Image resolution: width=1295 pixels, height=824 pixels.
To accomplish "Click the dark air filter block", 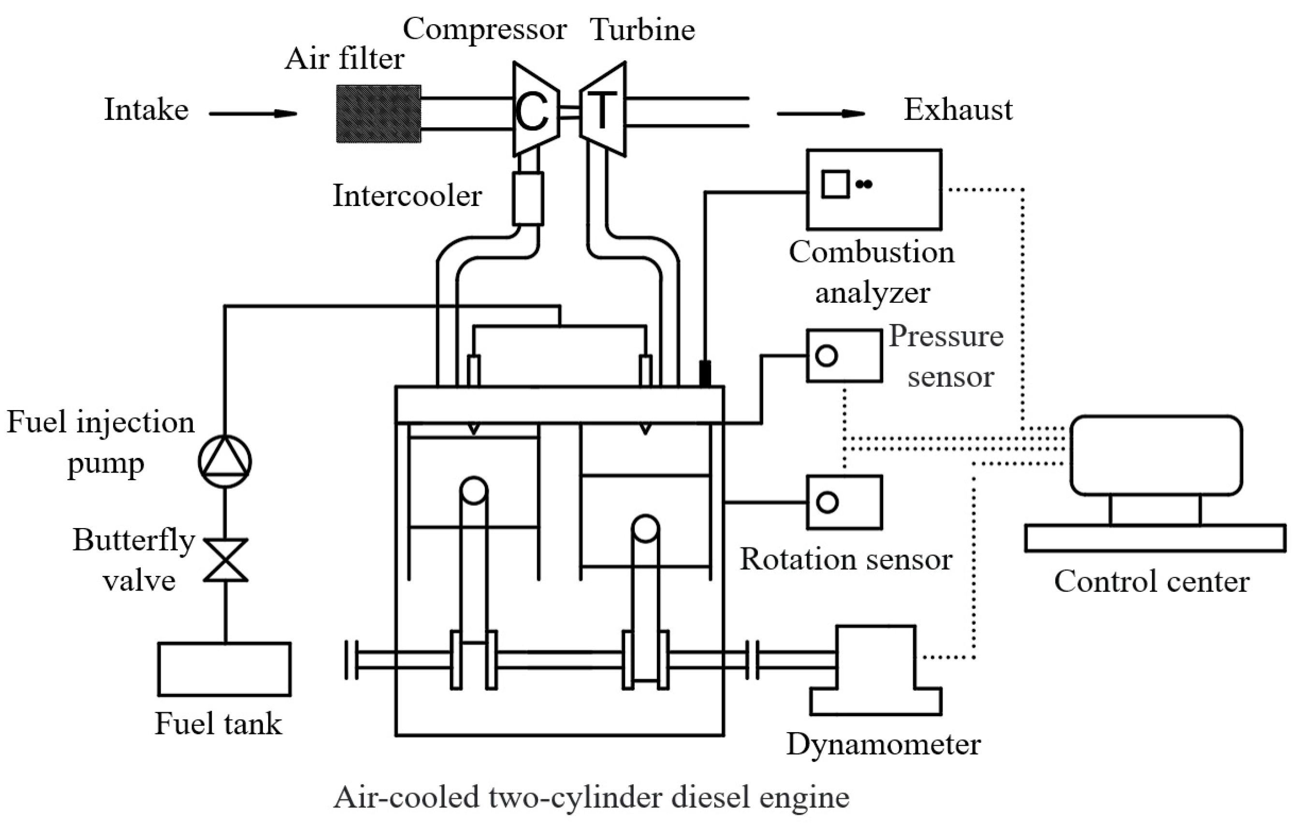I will click(x=378, y=114).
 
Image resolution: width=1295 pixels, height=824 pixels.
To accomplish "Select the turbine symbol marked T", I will click(x=603, y=110).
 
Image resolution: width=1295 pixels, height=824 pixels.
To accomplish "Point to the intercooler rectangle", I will click(x=527, y=198).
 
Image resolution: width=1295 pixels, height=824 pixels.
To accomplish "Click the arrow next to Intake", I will click(x=253, y=114).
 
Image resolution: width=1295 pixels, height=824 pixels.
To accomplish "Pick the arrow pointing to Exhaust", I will click(x=821, y=114).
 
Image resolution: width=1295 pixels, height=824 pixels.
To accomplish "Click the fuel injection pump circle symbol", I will click(x=225, y=461).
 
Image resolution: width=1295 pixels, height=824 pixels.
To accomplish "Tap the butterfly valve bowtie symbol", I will click(x=225, y=560).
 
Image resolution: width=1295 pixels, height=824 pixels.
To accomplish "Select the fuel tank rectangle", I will click(x=224, y=669).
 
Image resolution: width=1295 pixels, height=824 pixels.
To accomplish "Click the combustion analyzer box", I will click(x=874, y=190).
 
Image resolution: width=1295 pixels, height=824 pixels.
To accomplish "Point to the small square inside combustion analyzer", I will click(x=835, y=184).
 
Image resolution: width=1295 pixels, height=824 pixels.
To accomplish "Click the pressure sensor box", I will click(x=844, y=355).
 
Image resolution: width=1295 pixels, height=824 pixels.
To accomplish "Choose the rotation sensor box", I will click(x=844, y=502).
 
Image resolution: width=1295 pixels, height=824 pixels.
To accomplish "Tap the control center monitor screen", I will click(x=1156, y=455).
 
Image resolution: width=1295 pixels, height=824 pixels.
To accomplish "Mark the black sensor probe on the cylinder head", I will click(x=704, y=373).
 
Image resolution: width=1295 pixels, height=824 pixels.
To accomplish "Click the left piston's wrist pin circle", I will click(x=474, y=490).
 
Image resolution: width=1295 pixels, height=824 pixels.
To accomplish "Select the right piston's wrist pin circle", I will click(x=645, y=528).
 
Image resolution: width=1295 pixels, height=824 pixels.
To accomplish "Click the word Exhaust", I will click(x=958, y=110).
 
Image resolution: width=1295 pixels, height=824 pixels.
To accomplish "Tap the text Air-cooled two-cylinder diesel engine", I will click(x=591, y=796).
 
